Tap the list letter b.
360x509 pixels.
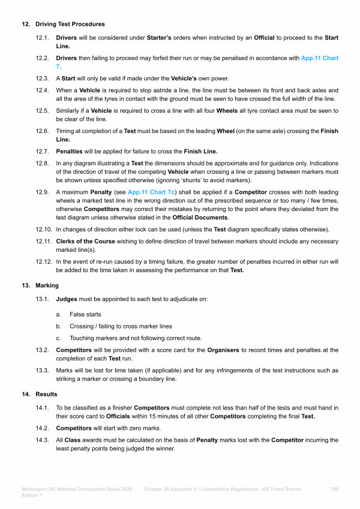(58, 326)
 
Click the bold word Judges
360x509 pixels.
(67, 297)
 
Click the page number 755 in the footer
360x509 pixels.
(334, 490)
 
